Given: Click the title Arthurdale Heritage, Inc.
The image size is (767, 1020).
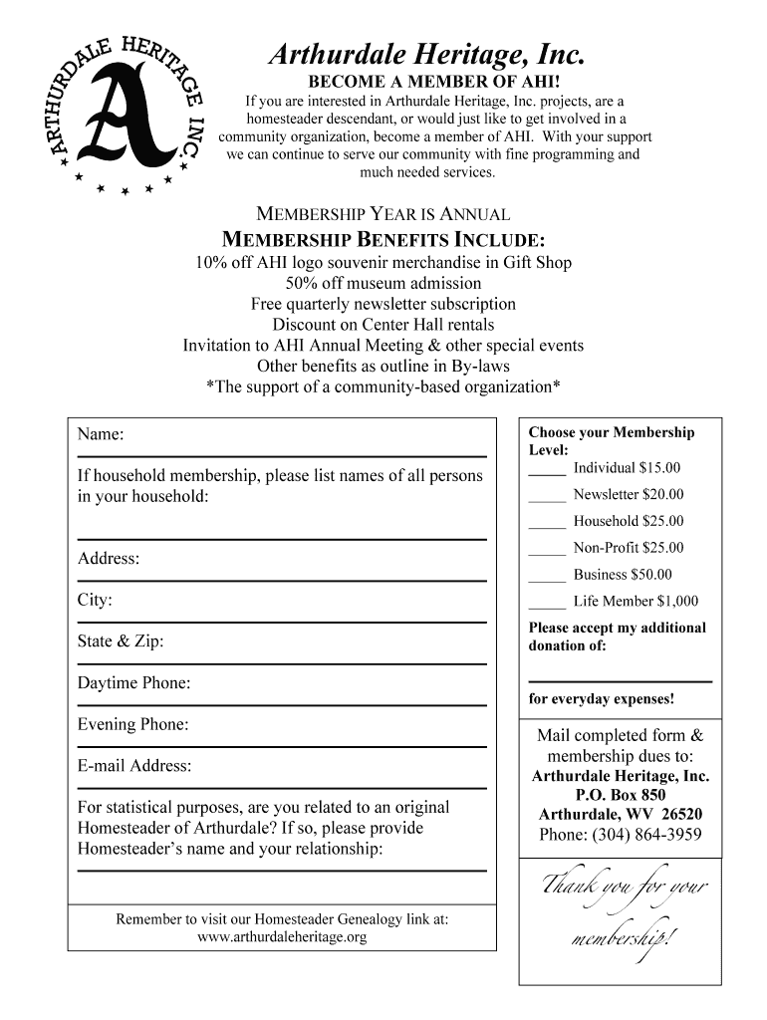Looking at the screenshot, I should point(425,53).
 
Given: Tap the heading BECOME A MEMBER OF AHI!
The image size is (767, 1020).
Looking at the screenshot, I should point(425,81).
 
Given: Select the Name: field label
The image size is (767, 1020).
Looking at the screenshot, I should point(101,434).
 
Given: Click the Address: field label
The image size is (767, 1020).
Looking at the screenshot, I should point(109,558).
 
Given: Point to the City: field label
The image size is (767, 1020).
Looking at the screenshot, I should point(95,600).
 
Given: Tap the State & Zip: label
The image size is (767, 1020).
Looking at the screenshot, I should point(121,641).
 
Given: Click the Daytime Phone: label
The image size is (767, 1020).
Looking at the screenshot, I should point(133,683).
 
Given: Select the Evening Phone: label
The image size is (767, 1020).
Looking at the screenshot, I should point(132,725).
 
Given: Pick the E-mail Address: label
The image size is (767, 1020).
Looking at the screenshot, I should point(134,766).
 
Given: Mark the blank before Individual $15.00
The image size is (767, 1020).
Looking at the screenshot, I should point(547,470).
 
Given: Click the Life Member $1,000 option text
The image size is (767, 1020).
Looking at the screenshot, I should point(636,601).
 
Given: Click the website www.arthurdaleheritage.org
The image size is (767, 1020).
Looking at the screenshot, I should point(282,937).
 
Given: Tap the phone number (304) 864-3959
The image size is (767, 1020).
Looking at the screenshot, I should point(620,835).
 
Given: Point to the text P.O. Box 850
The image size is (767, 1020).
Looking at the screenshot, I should point(620,795).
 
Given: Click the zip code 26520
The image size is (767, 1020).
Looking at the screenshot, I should point(682,814).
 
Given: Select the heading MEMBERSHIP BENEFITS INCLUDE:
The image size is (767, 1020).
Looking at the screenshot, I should point(383,240).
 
